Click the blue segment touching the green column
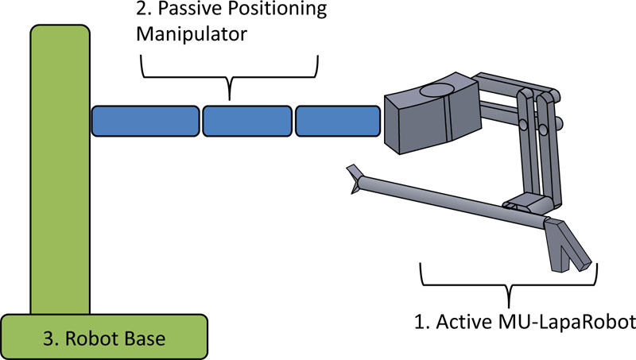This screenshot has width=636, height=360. [145, 120]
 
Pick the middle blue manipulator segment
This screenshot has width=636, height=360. [246, 120]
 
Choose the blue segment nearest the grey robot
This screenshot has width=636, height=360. [338, 120]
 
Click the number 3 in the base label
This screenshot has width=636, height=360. [48, 339]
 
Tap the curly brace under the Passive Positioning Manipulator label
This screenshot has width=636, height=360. [230, 75]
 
